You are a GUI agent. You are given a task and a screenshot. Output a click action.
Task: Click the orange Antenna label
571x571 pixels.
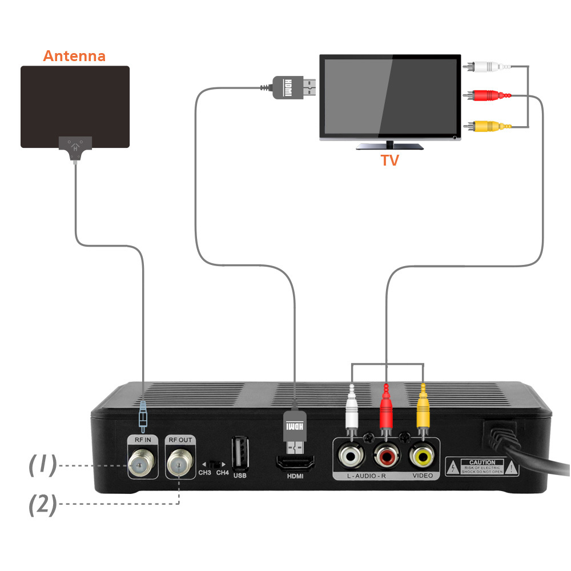(x=74, y=56)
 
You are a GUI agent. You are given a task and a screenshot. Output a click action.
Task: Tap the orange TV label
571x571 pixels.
(x=390, y=160)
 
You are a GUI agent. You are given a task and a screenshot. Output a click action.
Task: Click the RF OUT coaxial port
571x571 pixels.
(x=179, y=464)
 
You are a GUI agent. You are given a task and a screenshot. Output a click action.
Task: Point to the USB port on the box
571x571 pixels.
(x=239, y=453)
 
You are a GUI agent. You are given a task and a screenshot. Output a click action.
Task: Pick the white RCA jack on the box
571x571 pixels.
(x=349, y=455)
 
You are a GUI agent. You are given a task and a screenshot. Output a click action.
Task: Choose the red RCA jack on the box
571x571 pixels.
(x=386, y=455)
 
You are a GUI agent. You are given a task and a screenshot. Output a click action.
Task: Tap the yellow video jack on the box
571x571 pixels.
(x=423, y=455)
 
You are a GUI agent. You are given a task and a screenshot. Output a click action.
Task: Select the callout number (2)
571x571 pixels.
(x=43, y=504)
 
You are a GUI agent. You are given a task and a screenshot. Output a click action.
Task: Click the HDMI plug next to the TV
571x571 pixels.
(x=294, y=87)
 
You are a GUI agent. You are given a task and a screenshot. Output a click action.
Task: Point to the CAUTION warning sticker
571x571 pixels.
(x=482, y=467)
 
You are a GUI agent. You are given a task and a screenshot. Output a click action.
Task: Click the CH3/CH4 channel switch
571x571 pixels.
(x=214, y=464)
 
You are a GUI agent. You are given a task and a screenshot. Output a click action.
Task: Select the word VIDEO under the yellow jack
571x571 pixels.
(x=423, y=475)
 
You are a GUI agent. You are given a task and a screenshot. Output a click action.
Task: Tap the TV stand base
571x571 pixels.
(x=390, y=146)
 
